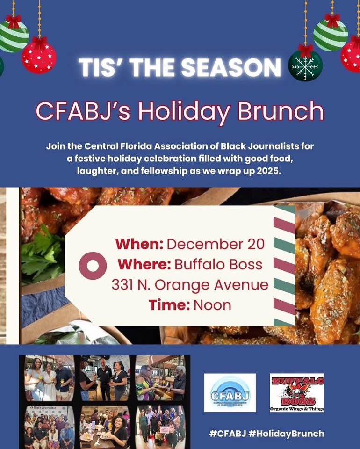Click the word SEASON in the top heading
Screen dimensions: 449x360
pos(231,67)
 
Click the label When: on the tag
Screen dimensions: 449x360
pos(139,244)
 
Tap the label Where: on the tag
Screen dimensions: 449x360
pos(144,264)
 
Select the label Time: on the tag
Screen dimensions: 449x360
pos(169,305)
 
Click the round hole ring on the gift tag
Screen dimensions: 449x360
pos(93,266)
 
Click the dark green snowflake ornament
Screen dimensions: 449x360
pos(305,66)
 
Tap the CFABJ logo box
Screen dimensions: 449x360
pos(230,392)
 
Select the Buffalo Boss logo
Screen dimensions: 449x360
pos(297,392)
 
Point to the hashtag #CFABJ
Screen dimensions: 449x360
pos(228,433)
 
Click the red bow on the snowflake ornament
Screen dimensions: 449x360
pos(305,50)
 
